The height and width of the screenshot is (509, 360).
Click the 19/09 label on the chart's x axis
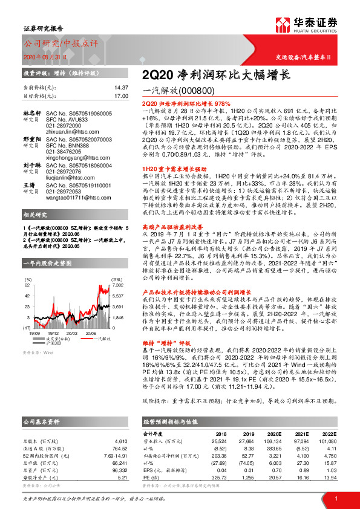pos(34,333)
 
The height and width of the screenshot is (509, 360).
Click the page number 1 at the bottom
pos(335,498)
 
